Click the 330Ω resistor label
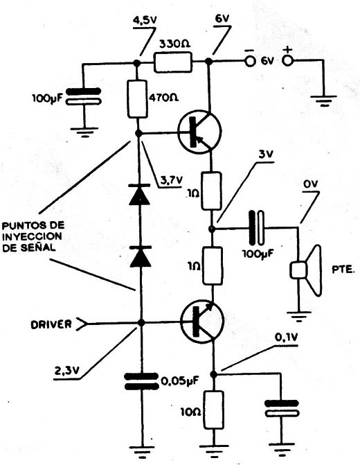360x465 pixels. point(175,44)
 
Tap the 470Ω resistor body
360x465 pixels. point(137,99)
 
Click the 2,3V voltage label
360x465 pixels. point(66,370)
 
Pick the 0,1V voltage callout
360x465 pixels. point(287,337)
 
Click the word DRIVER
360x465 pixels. point(51,324)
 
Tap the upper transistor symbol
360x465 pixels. point(200,132)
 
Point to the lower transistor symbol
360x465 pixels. point(201,322)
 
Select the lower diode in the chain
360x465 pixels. point(141,256)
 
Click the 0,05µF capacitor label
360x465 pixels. point(180,380)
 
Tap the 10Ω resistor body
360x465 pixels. point(213,410)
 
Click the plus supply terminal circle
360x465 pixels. point(287,60)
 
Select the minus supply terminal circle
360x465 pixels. point(250,61)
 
